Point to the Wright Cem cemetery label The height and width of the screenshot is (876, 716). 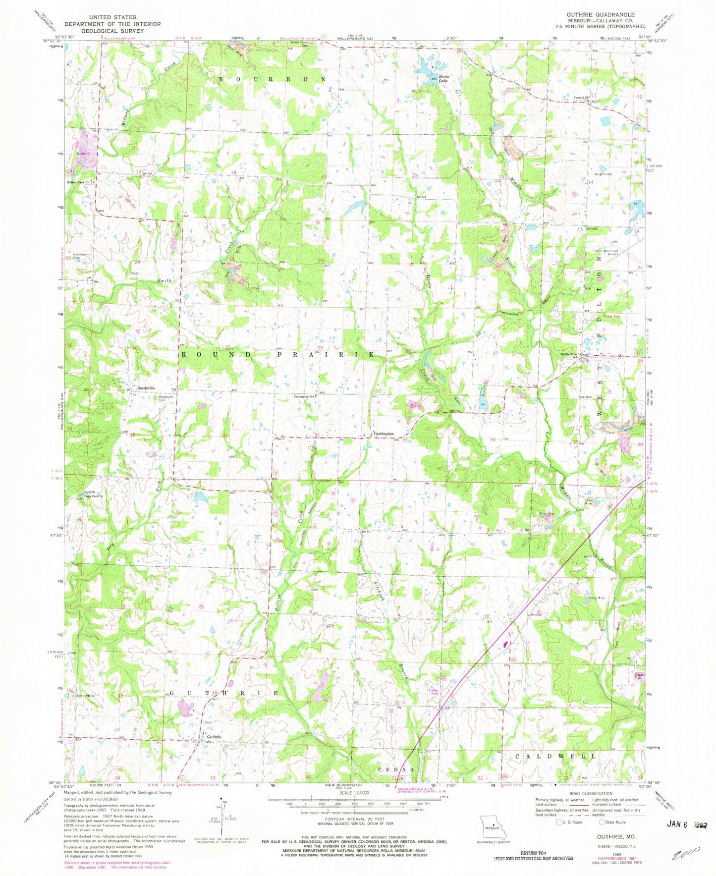[x=603, y=174]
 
